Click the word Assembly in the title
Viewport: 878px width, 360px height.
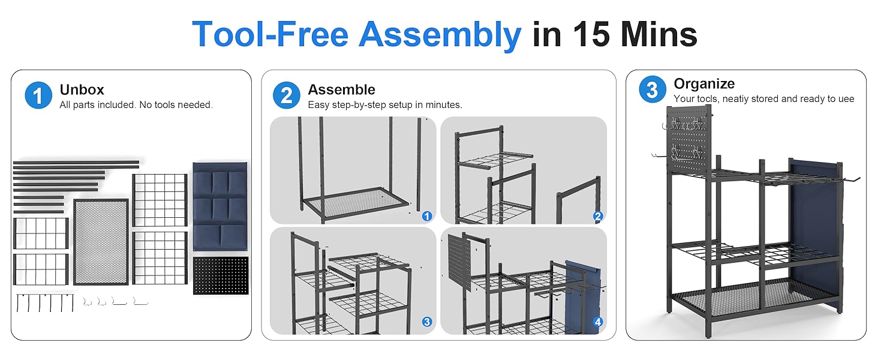[440, 35]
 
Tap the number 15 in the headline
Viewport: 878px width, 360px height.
[591, 35]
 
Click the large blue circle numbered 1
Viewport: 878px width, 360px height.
[38, 95]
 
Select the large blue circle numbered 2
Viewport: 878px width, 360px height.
[287, 95]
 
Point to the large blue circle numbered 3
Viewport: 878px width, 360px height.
[653, 89]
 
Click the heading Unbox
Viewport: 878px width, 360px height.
[82, 90]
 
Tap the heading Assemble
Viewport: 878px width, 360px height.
[341, 90]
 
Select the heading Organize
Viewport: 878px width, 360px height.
[704, 84]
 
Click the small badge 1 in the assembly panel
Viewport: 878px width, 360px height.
[427, 216]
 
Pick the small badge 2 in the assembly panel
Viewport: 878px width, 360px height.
[598, 216]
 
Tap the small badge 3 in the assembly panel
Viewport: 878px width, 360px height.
[427, 322]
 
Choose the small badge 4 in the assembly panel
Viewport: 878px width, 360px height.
[598, 322]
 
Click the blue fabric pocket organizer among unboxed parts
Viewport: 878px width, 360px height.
[220, 206]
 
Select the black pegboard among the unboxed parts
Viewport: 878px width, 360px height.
[221, 275]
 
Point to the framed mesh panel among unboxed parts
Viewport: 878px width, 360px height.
[101, 242]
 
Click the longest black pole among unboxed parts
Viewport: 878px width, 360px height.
[76, 162]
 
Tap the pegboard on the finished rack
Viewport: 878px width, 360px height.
[688, 140]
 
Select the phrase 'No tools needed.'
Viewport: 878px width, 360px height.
[176, 105]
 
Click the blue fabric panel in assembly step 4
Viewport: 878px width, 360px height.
[583, 296]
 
